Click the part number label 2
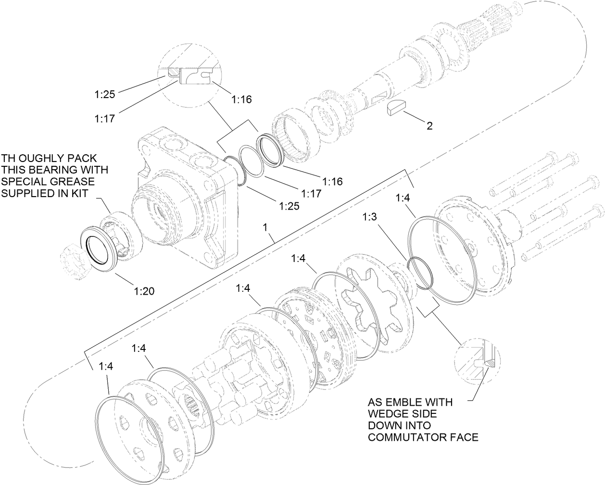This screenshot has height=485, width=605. (x=429, y=126)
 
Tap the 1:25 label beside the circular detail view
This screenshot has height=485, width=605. (x=104, y=95)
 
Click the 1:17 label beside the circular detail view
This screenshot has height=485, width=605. (x=104, y=118)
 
